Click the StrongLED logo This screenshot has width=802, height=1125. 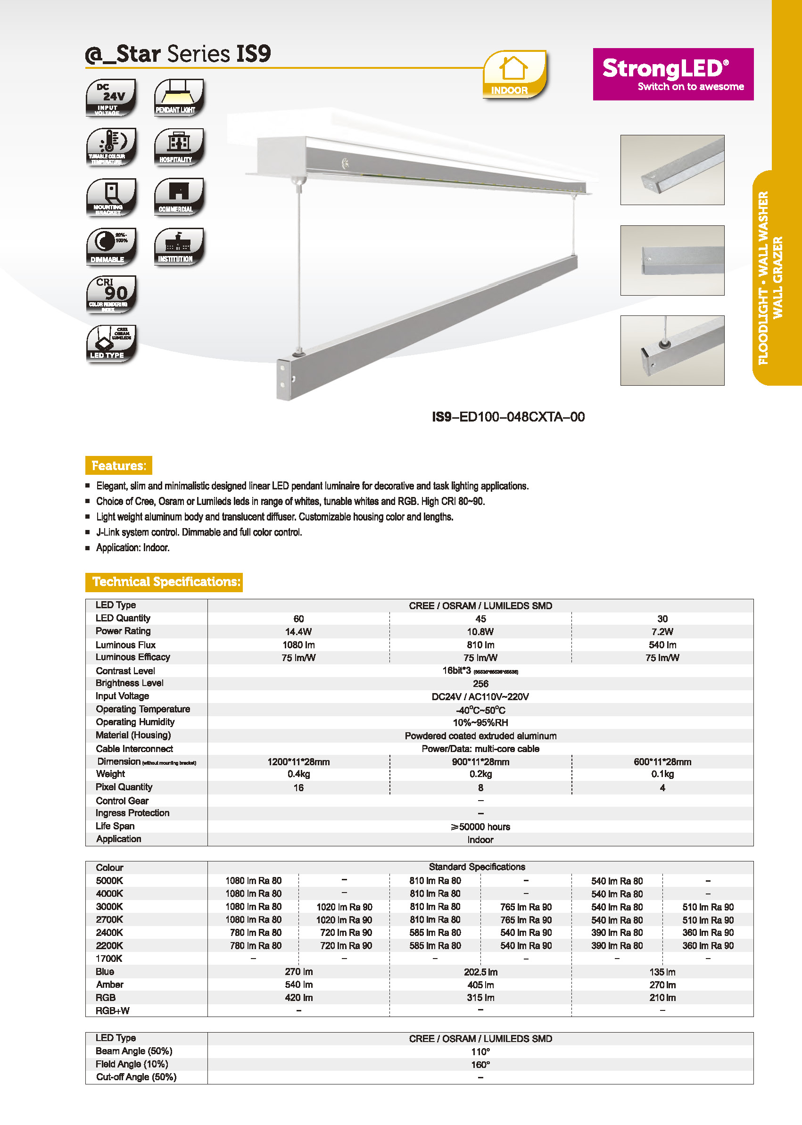[673, 74]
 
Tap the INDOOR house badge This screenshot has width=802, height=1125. [514, 74]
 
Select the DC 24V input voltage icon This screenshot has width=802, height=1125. [111, 97]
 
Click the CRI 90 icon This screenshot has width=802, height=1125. [111, 294]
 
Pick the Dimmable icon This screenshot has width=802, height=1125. [111, 246]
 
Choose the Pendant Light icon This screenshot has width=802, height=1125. [178, 97]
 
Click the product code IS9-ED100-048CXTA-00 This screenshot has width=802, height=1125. [508, 417]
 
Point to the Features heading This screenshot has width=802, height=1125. [118, 465]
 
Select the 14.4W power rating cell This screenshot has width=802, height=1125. [298, 632]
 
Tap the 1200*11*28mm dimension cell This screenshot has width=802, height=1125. [298, 762]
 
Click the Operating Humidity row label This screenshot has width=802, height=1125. [135, 722]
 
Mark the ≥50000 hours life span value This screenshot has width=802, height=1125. [480, 827]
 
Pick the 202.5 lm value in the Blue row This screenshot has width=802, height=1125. [480, 972]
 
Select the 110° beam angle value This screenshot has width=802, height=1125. [480, 1052]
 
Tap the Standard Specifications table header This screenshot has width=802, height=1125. [477, 867]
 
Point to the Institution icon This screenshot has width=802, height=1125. [178, 246]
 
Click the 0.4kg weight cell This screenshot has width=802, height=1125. [298, 774]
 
